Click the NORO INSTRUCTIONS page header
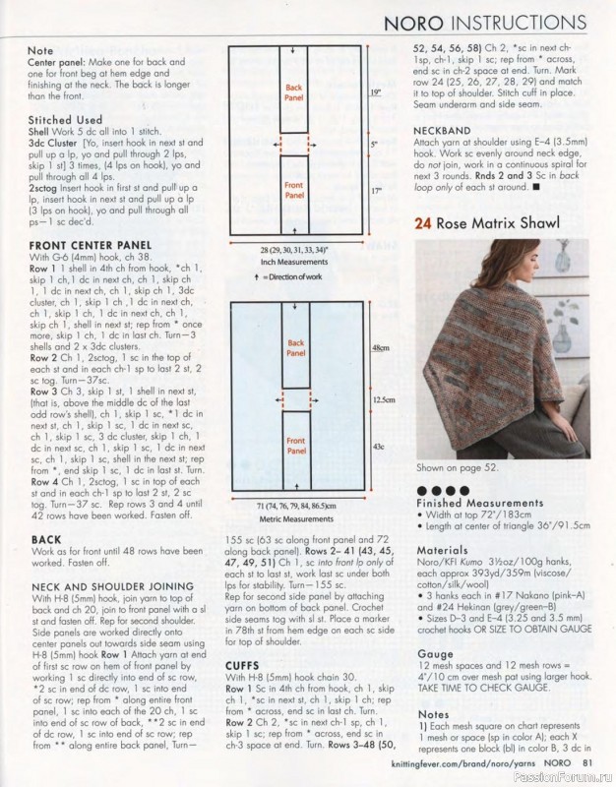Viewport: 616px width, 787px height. click(x=485, y=23)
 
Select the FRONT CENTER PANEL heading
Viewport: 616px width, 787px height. click(x=91, y=245)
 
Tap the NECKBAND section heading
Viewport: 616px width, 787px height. click(x=442, y=131)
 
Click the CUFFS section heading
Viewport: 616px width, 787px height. click(x=242, y=666)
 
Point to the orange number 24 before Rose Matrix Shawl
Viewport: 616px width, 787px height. click(x=423, y=223)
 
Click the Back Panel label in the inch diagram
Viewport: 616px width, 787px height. click(x=293, y=92)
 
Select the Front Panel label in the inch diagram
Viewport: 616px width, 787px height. click(x=294, y=190)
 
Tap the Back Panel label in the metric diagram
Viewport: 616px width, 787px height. click(x=296, y=348)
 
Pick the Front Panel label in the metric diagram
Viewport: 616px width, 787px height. click(x=296, y=446)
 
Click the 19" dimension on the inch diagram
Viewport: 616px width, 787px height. click(x=376, y=92)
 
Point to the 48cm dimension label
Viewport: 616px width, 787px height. click(x=381, y=348)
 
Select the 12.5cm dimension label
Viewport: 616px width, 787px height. click(x=384, y=400)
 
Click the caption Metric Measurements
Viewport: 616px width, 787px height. click(x=296, y=519)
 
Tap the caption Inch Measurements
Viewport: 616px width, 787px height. click(x=294, y=262)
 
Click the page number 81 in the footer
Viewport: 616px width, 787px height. click(x=587, y=763)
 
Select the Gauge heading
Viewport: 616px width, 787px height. click(x=435, y=654)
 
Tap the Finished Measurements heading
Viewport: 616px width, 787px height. click(x=480, y=503)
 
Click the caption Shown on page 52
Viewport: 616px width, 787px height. click(x=457, y=468)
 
